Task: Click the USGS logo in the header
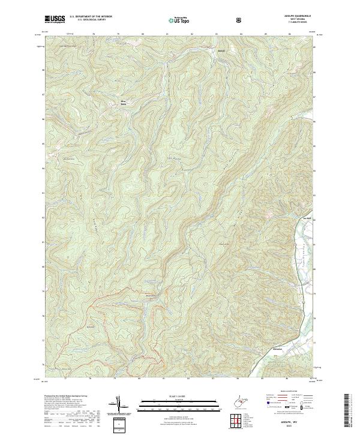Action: (55, 20)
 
